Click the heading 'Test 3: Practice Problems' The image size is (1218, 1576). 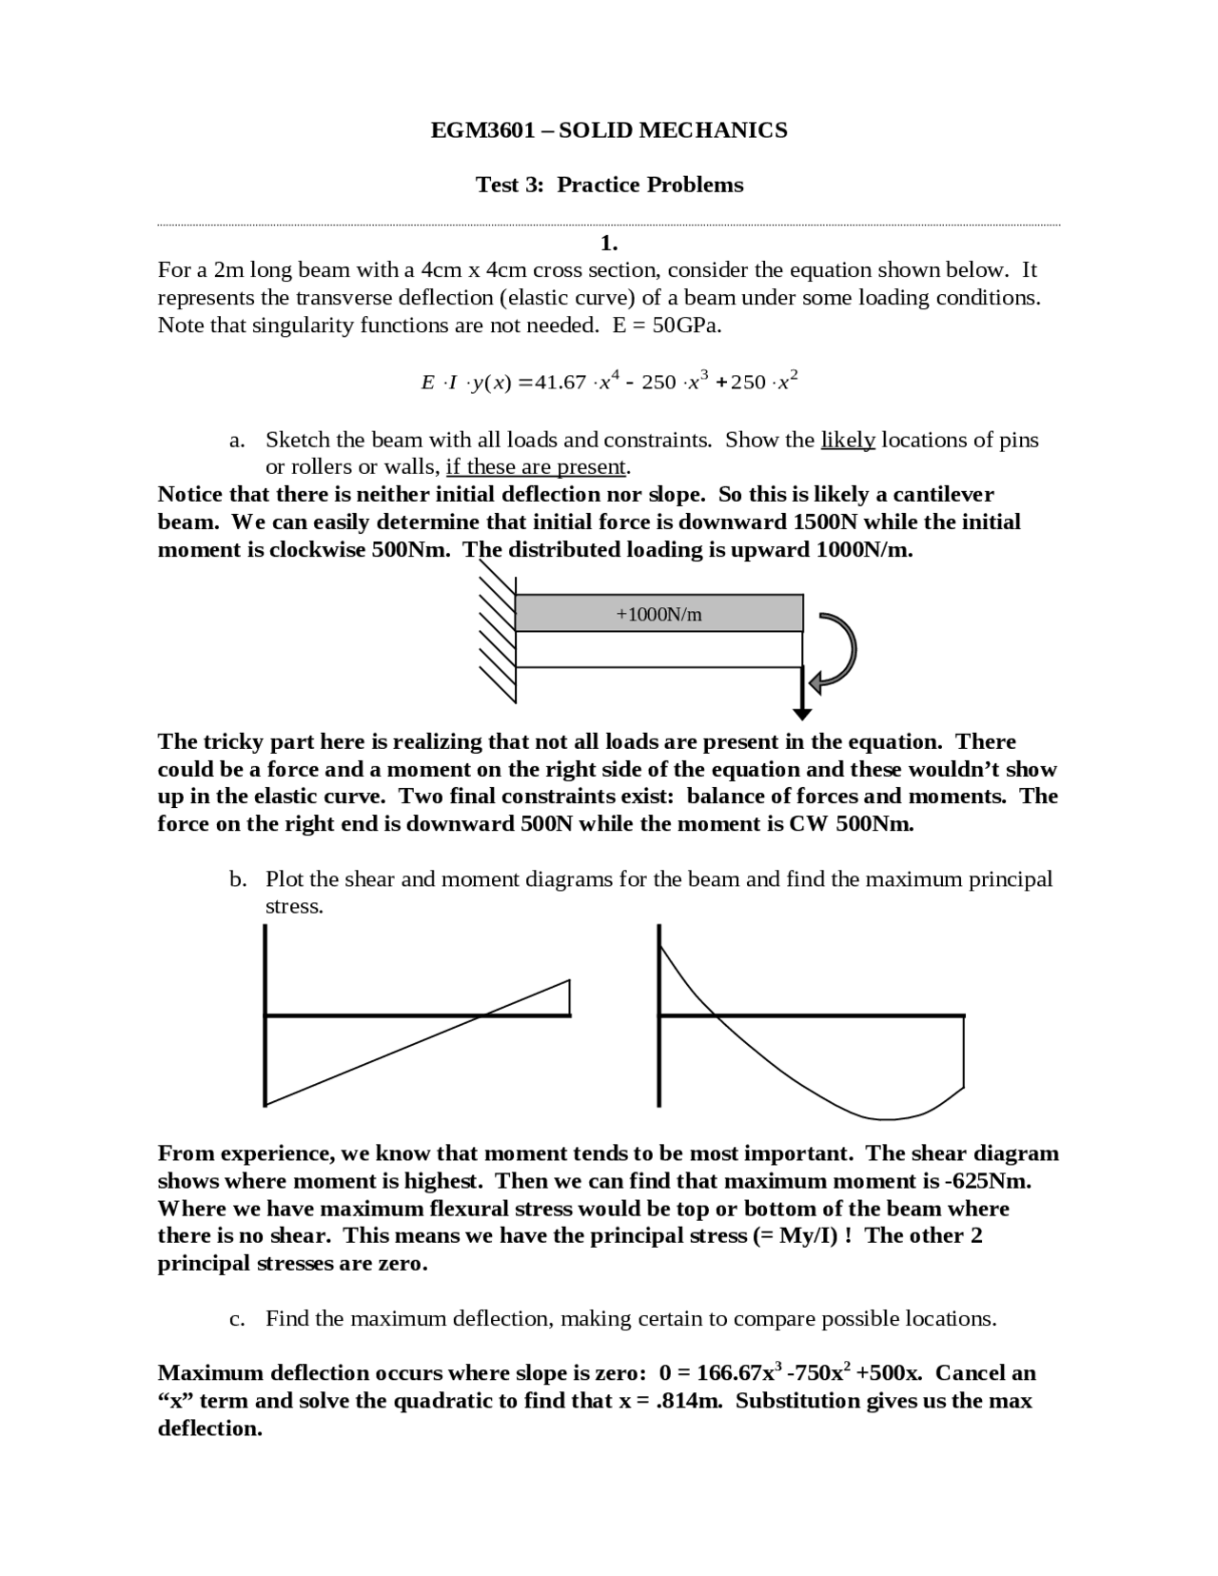coord(609,185)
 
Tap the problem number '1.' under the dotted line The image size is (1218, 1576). coord(609,243)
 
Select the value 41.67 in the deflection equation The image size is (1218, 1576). coord(560,383)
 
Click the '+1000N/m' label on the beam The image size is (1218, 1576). coord(658,615)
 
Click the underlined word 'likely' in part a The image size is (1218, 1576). coord(847,440)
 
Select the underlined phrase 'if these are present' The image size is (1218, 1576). coord(536,467)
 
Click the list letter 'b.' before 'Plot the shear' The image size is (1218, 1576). coord(238,879)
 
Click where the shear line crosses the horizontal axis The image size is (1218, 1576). coord(482,1015)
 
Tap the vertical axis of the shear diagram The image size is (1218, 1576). coord(265,1015)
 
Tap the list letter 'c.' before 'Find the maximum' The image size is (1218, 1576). coord(238,1319)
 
